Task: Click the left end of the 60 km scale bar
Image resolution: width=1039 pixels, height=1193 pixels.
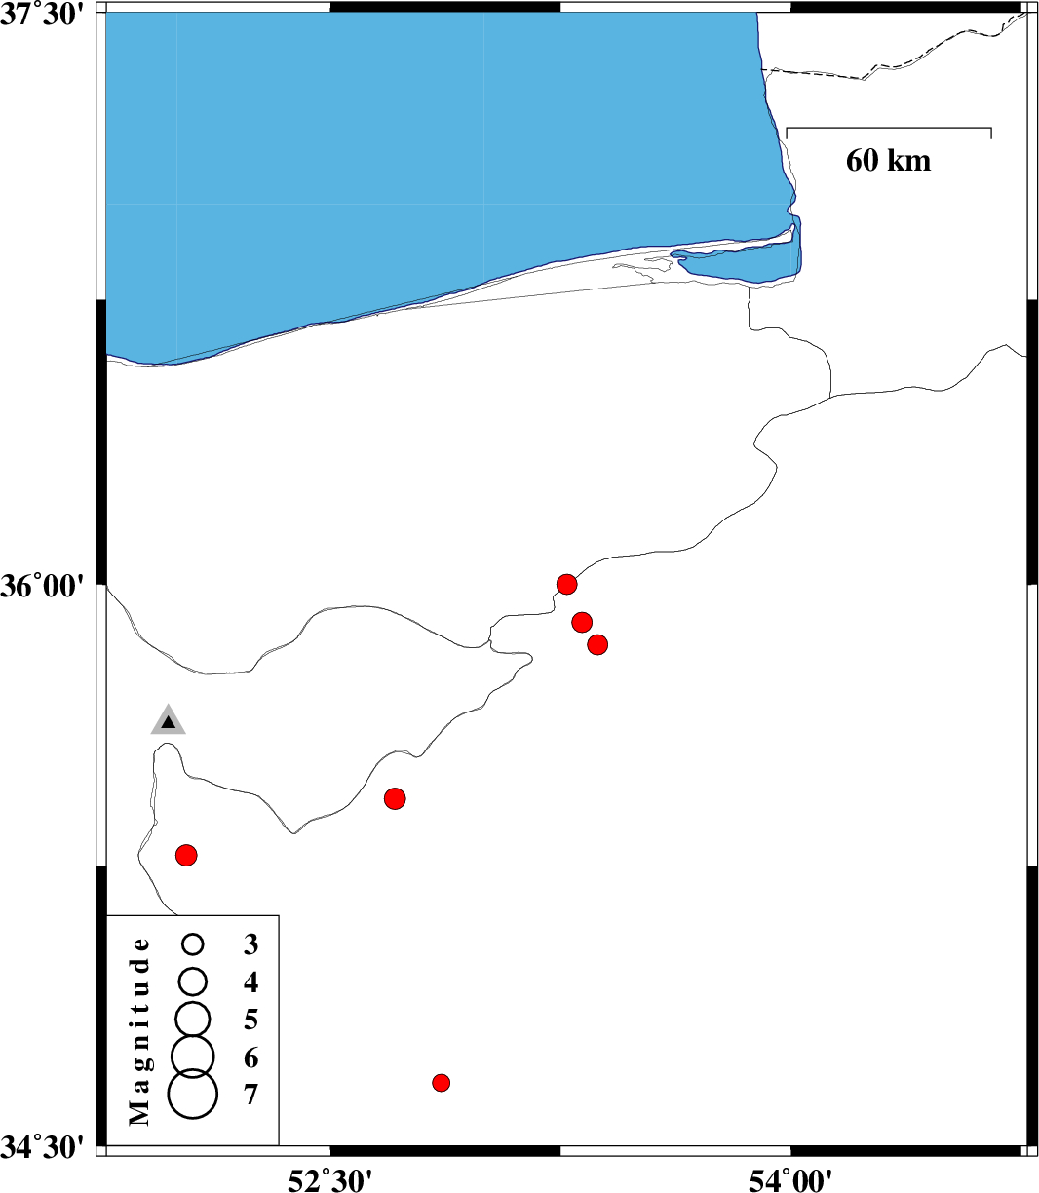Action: click(787, 128)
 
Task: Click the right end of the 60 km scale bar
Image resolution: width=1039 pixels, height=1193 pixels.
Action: click(991, 128)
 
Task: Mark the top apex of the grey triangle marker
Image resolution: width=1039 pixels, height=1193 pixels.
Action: click(168, 704)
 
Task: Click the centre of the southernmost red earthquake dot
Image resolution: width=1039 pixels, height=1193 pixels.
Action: click(442, 1083)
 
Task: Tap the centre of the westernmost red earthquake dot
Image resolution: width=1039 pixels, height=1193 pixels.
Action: click(186, 856)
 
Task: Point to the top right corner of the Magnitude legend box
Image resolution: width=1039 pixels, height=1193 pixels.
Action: click(279, 915)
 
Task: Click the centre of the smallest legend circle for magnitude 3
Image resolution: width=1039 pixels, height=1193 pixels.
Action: click(192, 943)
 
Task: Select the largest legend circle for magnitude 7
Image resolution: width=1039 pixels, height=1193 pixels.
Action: click(192, 1095)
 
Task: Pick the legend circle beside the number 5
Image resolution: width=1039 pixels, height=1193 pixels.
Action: click(192, 1020)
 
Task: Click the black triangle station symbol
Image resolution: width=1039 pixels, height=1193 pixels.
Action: click(168, 722)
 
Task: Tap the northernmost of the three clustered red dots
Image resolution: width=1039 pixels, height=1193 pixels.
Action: click(566, 584)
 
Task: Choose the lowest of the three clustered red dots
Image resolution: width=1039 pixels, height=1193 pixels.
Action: click(597, 645)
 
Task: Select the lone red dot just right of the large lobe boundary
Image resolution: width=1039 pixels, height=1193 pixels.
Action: click(395, 799)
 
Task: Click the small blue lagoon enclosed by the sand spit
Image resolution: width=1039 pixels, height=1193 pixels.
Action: click(740, 262)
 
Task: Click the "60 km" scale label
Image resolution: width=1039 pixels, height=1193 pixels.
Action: click(889, 161)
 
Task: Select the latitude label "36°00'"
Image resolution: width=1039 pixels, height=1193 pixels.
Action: click(43, 586)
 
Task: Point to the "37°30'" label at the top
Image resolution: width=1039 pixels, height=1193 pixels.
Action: click(43, 15)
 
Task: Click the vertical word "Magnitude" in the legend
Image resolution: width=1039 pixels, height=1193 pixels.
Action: click(138, 1031)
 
